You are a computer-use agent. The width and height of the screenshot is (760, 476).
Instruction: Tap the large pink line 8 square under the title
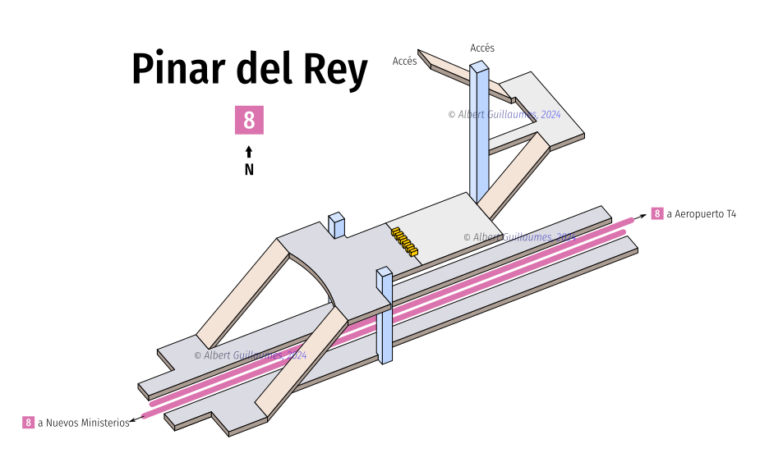tap(249, 120)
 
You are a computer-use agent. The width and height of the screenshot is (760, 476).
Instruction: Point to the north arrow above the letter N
tap(249, 152)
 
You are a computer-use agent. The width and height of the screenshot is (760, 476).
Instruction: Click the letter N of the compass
tap(249, 170)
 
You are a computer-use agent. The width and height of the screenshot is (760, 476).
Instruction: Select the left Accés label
tap(404, 61)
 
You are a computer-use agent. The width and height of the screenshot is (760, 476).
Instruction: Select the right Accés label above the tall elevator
tap(482, 48)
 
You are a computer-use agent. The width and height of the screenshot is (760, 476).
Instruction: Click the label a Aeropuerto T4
tap(701, 214)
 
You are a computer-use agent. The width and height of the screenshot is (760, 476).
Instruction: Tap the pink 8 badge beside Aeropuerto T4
tap(657, 214)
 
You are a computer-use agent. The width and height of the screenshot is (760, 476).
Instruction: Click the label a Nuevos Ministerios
tap(83, 423)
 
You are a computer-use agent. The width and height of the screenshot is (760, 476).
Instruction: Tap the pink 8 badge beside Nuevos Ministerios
tap(28, 423)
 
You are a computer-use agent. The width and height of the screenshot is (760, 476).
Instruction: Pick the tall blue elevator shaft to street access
tap(479, 140)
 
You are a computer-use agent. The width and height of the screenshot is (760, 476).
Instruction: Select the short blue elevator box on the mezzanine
tap(336, 225)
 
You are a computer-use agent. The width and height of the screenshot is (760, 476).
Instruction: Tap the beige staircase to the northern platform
tap(242, 291)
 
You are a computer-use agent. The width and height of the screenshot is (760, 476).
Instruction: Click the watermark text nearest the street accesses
tap(504, 115)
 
